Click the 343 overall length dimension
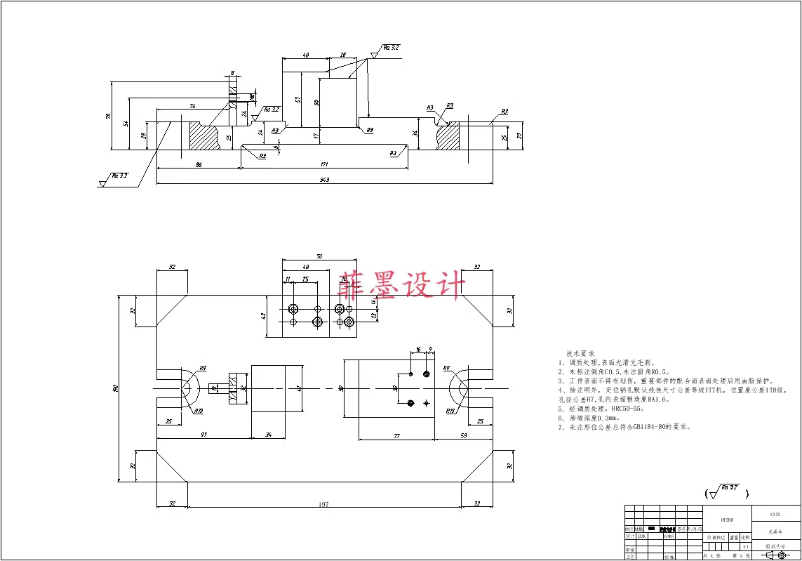click(324, 180)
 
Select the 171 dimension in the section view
click(324, 164)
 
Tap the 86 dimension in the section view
click(199, 164)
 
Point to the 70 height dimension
click(109, 116)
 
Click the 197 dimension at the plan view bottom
click(323, 504)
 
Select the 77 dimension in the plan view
click(396, 436)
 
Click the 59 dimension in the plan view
click(463, 436)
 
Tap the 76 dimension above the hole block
click(319, 257)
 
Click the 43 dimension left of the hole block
click(264, 317)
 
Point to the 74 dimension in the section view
click(192, 105)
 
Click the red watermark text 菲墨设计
click(401, 286)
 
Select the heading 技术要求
click(580, 353)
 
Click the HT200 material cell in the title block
click(727, 521)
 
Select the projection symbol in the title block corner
click(776, 555)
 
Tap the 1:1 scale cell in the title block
click(745, 546)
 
